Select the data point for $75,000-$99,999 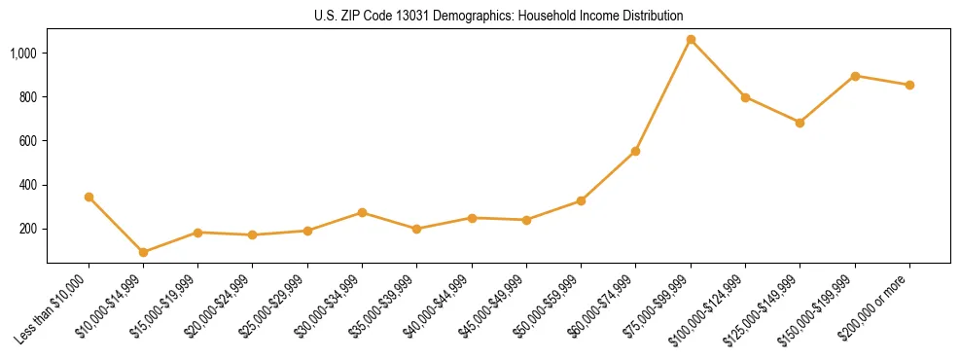pyautogui.click(x=691, y=40)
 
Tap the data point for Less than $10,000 pyautogui.click(x=89, y=197)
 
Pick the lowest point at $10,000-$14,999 pyautogui.click(x=144, y=252)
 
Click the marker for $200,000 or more pyautogui.click(x=909, y=85)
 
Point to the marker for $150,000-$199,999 pyautogui.click(x=855, y=76)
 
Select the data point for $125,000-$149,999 pyautogui.click(x=800, y=123)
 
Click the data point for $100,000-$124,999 pyautogui.click(x=745, y=97)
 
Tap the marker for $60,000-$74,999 pyautogui.click(x=635, y=151)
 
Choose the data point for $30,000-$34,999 pyautogui.click(x=362, y=212)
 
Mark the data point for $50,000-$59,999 pyautogui.click(x=581, y=200)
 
